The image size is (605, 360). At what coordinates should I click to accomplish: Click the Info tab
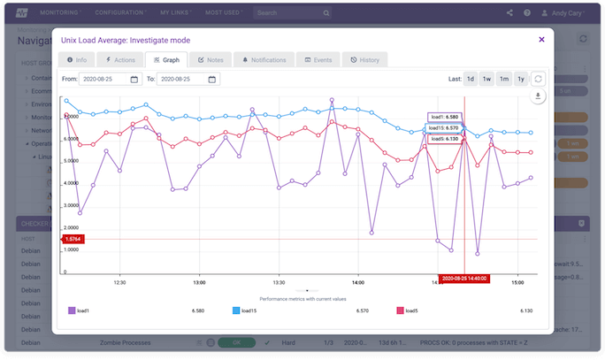tap(77, 60)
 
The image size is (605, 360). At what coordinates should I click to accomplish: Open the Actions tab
tap(120, 60)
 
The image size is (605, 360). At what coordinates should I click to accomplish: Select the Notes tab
tap(211, 60)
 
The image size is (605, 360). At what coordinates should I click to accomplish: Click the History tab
tap(364, 60)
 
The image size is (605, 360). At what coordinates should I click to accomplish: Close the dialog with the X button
tap(541, 39)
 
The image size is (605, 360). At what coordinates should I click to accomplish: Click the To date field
tap(188, 79)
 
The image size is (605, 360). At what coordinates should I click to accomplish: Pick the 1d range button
tap(471, 79)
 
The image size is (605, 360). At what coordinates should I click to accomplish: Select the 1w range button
tap(486, 79)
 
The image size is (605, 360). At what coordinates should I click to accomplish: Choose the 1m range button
tap(503, 79)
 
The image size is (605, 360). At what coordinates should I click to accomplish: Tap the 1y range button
tap(520, 79)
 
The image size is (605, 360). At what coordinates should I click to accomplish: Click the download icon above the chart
tap(538, 96)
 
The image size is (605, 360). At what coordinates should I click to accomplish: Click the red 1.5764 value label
tap(70, 239)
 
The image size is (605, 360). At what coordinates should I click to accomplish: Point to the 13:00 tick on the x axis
tap(199, 282)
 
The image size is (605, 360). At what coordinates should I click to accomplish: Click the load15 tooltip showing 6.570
tap(443, 127)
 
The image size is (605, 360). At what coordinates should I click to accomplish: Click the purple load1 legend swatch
tap(71, 310)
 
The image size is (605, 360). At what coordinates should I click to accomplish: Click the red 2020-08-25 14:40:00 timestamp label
tap(464, 278)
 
